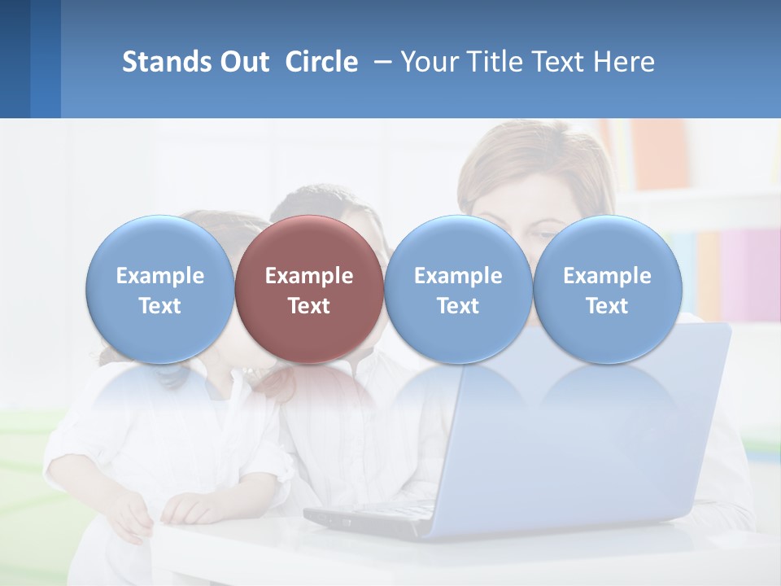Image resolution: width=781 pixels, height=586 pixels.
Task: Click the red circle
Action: [x=309, y=289]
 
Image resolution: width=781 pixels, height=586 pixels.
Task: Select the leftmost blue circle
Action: [x=160, y=289]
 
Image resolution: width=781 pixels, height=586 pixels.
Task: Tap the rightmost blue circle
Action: [x=608, y=289]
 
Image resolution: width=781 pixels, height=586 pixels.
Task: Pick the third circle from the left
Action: [x=458, y=289]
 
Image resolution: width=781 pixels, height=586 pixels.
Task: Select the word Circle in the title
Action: [x=321, y=63]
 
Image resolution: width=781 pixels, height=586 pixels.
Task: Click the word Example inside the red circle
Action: [x=309, y=276]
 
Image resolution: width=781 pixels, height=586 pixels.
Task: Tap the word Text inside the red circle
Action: [x=309, y=306]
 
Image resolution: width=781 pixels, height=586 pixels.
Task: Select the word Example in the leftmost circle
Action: [x=160, y=276]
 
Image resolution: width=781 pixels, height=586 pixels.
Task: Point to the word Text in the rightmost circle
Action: [x=608, y=306]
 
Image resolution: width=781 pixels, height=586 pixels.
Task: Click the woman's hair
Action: [x=521, y=159]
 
